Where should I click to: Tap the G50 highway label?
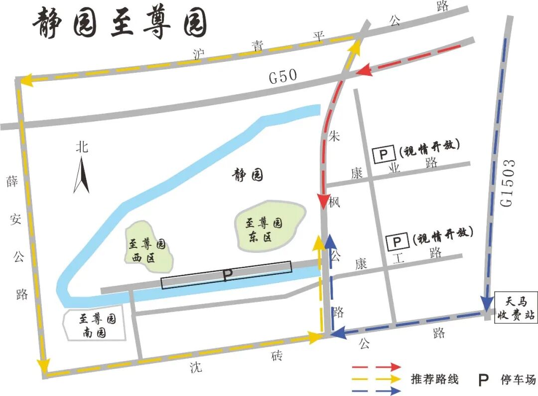(x=282, y=76)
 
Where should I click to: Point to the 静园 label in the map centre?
(x=248, y=175)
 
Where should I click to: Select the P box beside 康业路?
(x=383, y=154)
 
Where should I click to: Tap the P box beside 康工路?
(x=398, y=242)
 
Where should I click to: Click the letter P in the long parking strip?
(x=227, y=275)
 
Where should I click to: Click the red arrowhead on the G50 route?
(x=364, y=70)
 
